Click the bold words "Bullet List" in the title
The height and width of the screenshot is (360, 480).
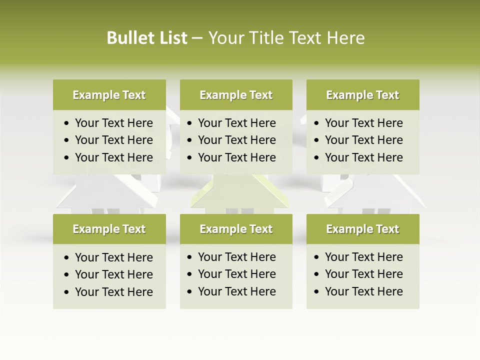pos(147,38)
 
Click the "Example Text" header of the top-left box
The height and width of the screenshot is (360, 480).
pos(109,95)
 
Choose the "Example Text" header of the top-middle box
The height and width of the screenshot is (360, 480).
pos(236,95)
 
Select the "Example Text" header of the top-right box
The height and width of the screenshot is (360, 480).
pos(362,95)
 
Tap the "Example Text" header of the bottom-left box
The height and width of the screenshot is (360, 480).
pos(109,229)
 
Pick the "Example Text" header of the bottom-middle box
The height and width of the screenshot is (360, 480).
pos(236,229)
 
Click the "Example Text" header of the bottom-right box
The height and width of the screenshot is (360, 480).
pos(362,229)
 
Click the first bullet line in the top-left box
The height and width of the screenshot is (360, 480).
pos(113,123)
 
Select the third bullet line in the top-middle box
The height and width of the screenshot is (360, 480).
pos(236,157)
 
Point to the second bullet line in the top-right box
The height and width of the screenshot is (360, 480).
pos(363,140)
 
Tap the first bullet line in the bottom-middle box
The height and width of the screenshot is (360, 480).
pos(236,257)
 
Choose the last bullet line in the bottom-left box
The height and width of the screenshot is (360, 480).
pos(113,292)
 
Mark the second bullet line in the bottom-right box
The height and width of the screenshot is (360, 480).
pos(363,274)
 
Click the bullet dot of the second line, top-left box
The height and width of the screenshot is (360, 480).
pos(66,140)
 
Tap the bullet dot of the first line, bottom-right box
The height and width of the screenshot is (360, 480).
pos(316,257)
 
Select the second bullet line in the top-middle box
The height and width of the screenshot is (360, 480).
pos(236,140)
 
